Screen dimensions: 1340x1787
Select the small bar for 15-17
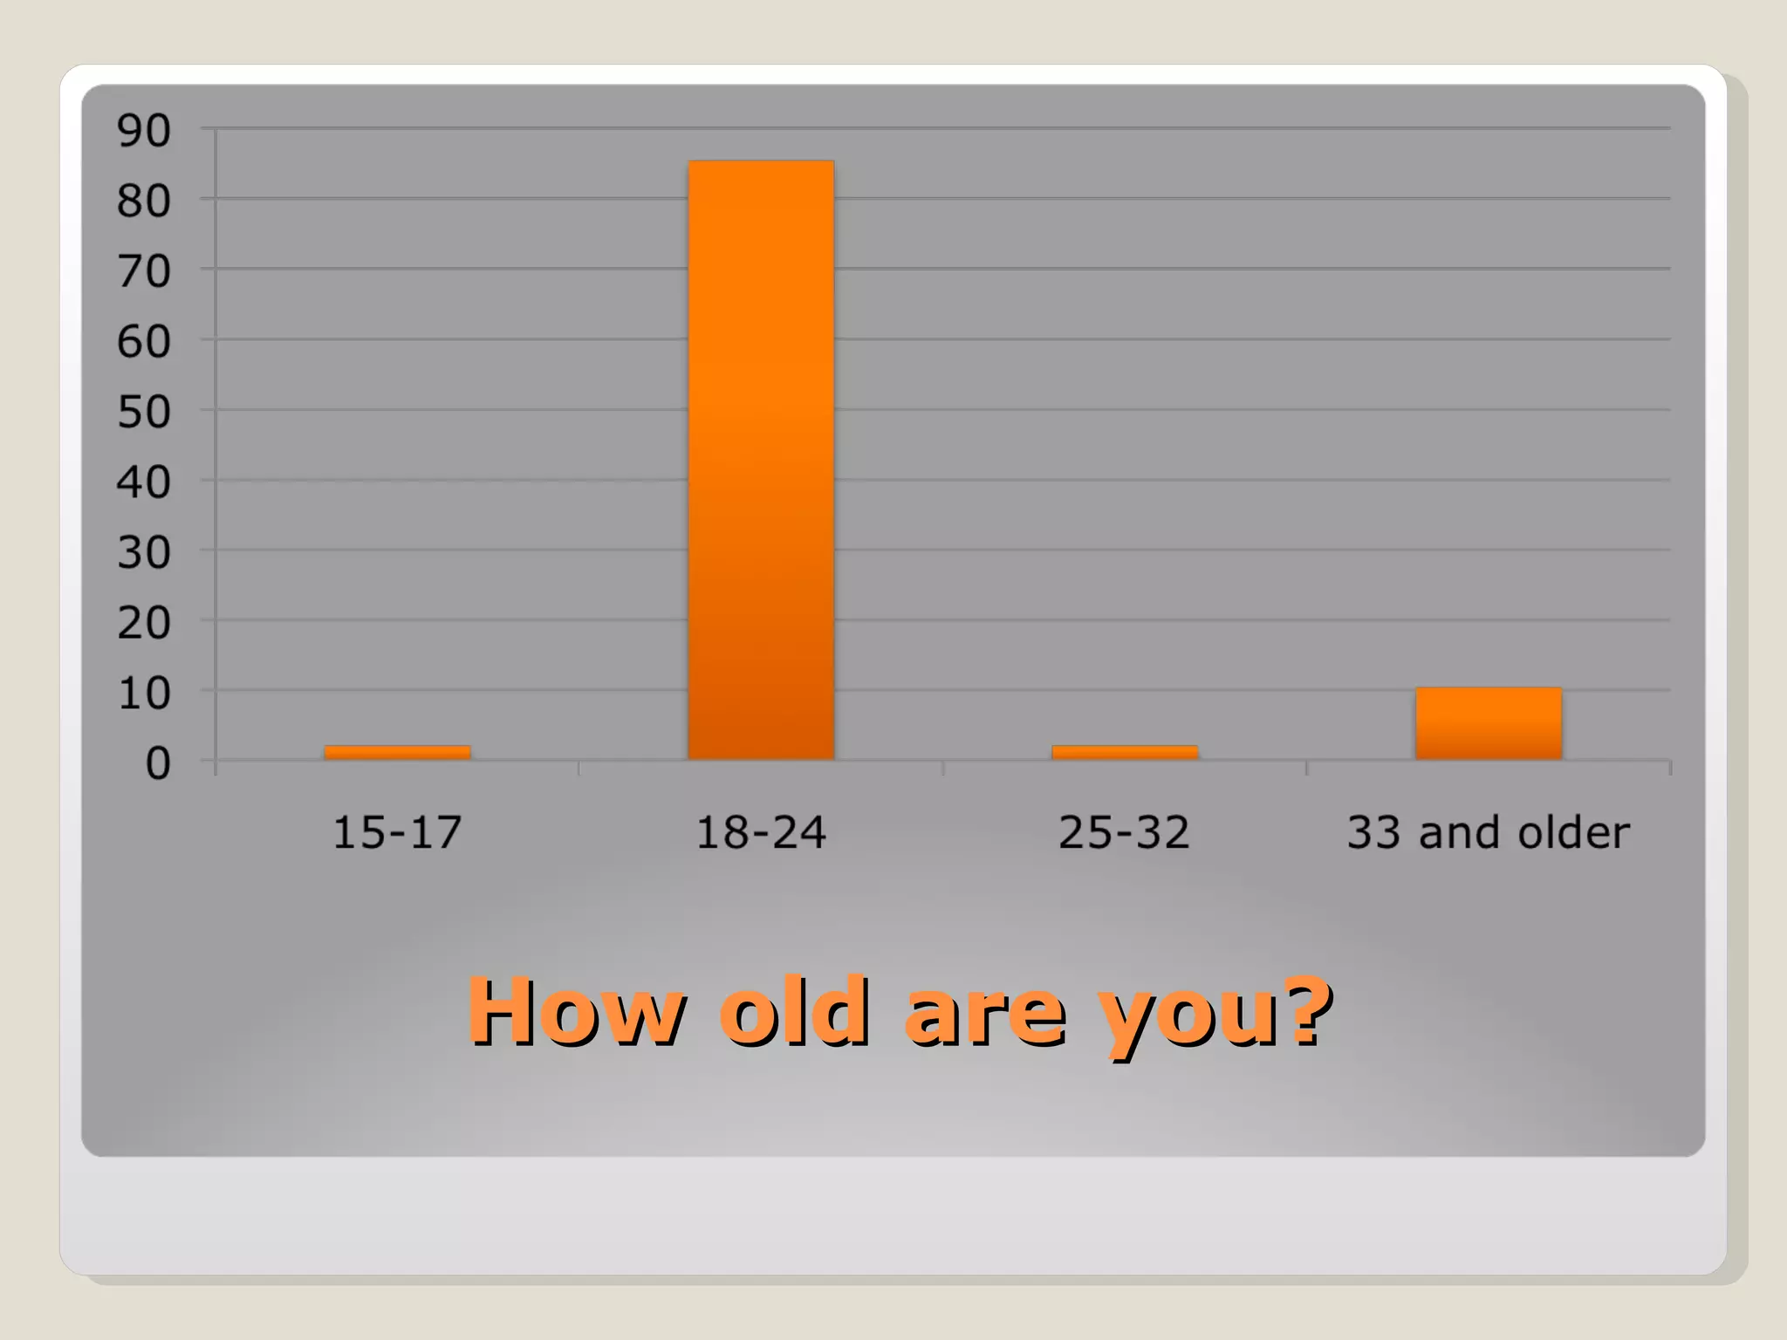(x=397, y=753)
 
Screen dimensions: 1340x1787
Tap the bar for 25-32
(x=1125, y=753)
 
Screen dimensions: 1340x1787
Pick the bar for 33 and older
(x=1489, y=723)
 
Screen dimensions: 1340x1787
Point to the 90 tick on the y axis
(x=144, y=132)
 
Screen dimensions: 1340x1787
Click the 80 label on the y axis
(x=144, y=202)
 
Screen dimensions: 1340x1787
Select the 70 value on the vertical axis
(x=144, y=272)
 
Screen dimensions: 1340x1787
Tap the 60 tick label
(x=144, y=342)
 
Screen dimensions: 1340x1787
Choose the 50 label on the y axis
(x=144, y=413)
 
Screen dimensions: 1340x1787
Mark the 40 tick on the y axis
(x=144, y=482)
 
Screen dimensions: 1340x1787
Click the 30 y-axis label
(x=144, y=553)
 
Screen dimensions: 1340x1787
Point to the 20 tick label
(x=144, y=624)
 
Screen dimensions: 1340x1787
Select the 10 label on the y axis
(x=144, y=694)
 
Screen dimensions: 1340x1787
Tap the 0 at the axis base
(x=158, y=764)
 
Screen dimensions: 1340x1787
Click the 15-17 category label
(x=397, y=832)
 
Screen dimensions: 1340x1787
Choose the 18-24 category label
(x=761, y=832)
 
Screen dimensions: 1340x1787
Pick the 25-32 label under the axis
(x=1124, y=832)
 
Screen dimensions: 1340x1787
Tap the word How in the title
(x=577, y=1012)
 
